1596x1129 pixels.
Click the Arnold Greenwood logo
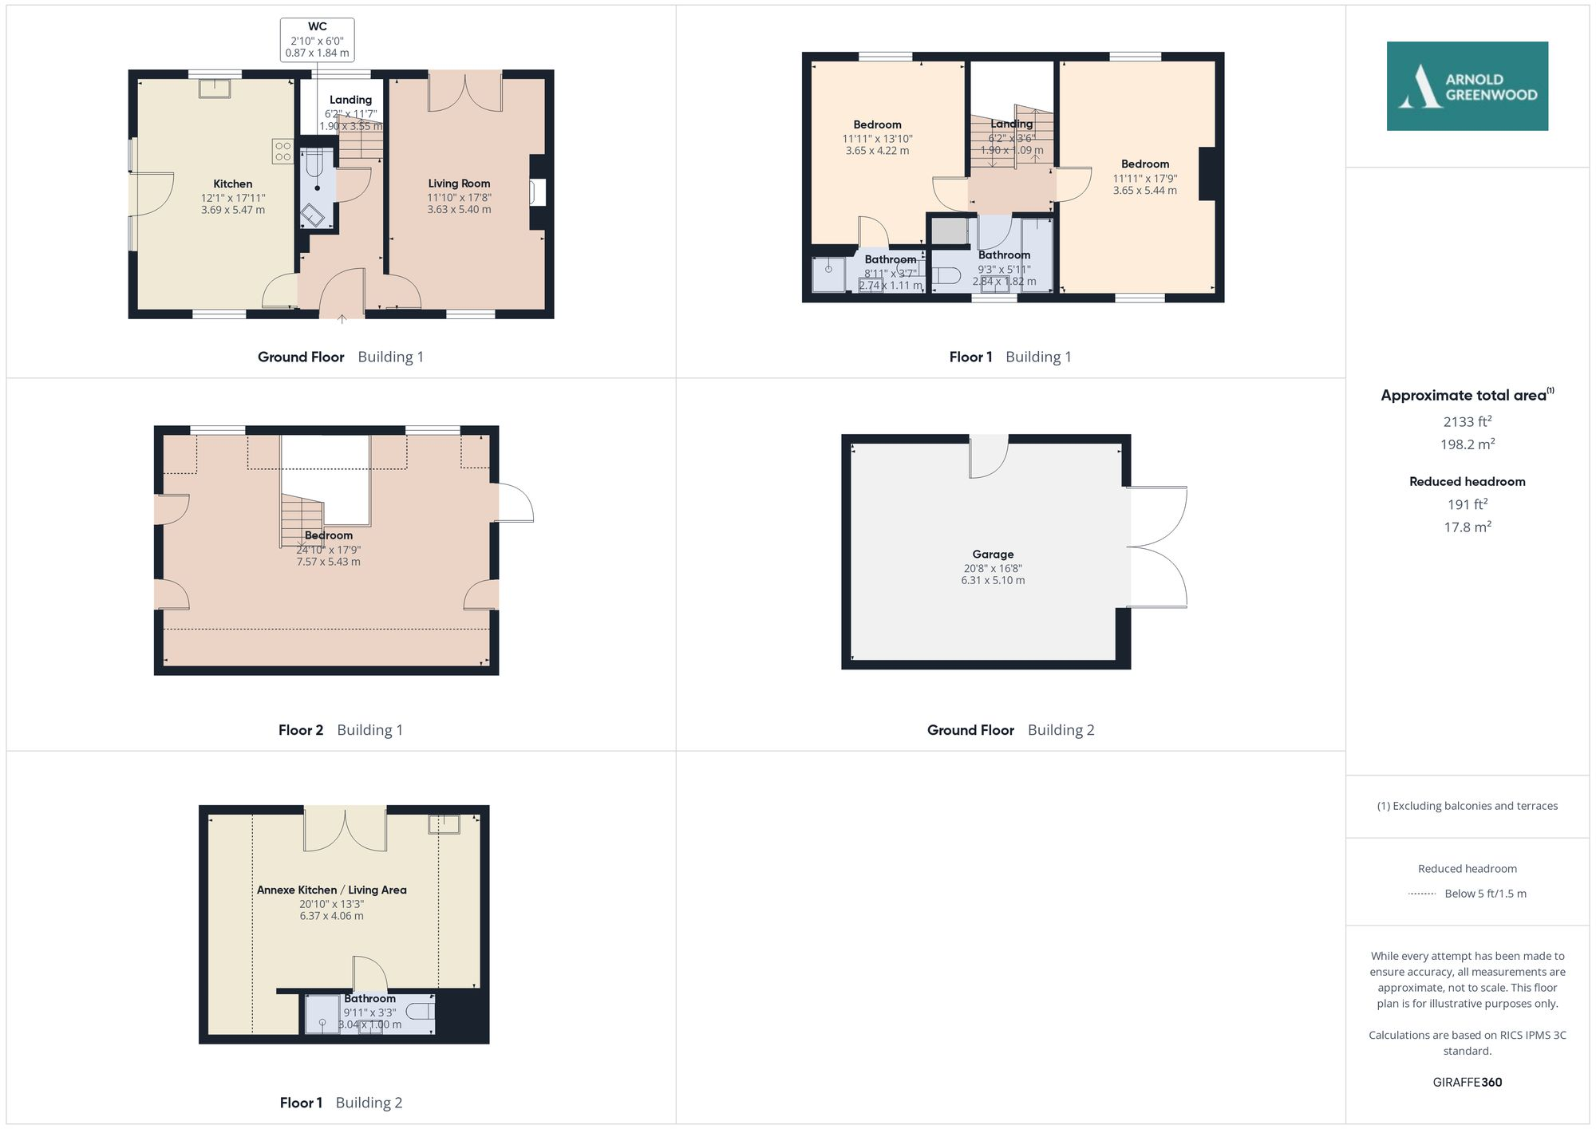point(1467,86)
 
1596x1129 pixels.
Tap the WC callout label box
point(317,40)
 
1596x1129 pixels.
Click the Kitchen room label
point(232,184)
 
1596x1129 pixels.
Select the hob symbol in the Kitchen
point(282,151)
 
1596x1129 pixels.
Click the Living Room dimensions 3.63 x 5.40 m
point(459,210)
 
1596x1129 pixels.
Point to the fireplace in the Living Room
point(538,193)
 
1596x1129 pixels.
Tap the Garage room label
point(993,554)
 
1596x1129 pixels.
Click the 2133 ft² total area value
point(1467,421)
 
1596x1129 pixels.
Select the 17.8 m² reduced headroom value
point(1467,527)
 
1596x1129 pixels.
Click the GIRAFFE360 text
point(1467,1082)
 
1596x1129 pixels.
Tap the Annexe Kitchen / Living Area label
point(331,890)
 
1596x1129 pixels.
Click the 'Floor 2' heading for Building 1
point(301,729)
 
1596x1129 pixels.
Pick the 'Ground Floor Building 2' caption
point(1010,729)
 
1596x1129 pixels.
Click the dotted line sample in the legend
point(1422,894)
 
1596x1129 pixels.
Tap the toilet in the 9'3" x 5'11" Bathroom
point(947,276)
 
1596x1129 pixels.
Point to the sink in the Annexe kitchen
point(444,823)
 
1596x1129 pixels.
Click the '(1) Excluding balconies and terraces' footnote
point(1467,806)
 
